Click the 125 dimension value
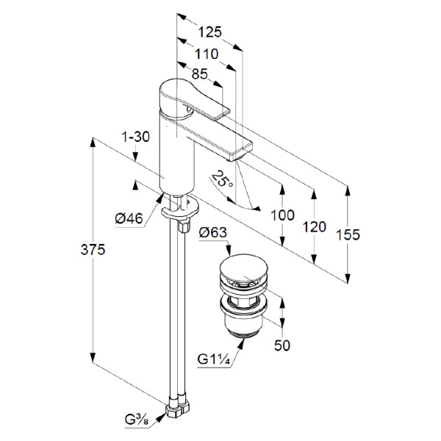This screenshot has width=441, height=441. pyautogui.click(x=210, y=32)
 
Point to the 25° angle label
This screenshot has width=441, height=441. pyautogui.click(x=220, y=179)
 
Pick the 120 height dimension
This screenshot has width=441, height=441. pyautogui.click(x=314, y=226)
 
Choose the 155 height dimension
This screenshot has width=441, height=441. pyautogui.click(x=348, y=234)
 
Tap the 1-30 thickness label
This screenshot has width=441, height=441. pyautogui.click(x=137, y=136)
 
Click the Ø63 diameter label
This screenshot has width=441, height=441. pyautogui.click(x=215, y=233)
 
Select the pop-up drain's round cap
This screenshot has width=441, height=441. pyautogui.click(x=242, y=270)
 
